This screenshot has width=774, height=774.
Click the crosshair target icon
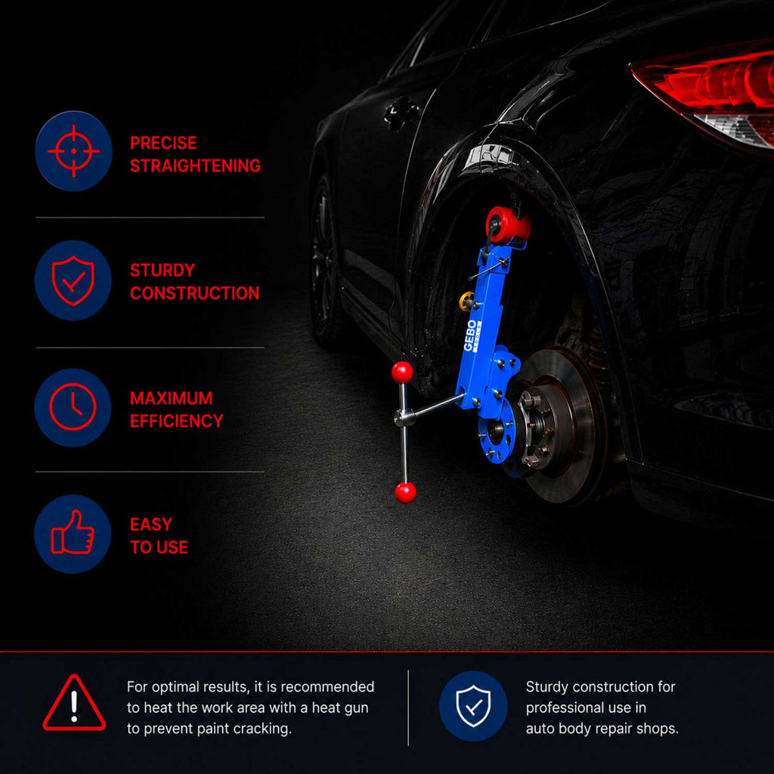[x=73, y=150]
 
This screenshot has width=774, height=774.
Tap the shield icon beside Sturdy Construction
[x=73, y=280]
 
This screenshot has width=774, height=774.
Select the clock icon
[x=73, y=407]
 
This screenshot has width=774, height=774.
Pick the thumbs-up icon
[x=73, y=532]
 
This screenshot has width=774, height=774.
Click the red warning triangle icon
[x=74, y=703]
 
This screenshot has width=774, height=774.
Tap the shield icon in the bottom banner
[x=473, y=706]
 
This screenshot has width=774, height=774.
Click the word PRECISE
[x=163, y=143]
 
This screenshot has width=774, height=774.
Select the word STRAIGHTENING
[x=196, y=166]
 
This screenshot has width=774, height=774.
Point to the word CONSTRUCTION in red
[x=194, y=293]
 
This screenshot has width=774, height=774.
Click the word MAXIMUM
[x=172, y=398]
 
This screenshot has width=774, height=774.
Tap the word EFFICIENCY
[x=177, y=421]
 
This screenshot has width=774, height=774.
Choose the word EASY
[x=151, y=525]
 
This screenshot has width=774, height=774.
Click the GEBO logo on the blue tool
[x=472, y=335]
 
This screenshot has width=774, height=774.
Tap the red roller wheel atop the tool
[x=507, y=225]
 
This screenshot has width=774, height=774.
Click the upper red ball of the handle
[x=402, y=372]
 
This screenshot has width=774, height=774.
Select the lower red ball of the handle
[x=406, y=493]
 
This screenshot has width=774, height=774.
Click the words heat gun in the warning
[x=340, y=707]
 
